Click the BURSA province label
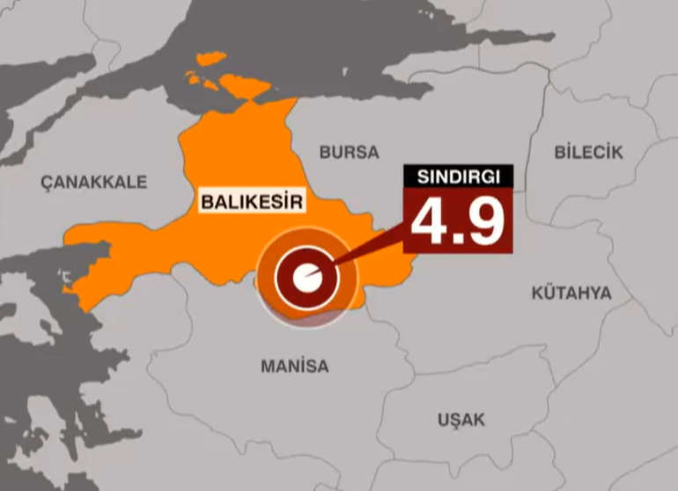(349, 152)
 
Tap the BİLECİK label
(588, 152)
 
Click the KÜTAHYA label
(571, 293)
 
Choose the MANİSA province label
(294, 366)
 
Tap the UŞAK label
(461, 420)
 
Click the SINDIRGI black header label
(458, 175)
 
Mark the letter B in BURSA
(324, 152)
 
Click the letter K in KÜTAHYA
(536, 293)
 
